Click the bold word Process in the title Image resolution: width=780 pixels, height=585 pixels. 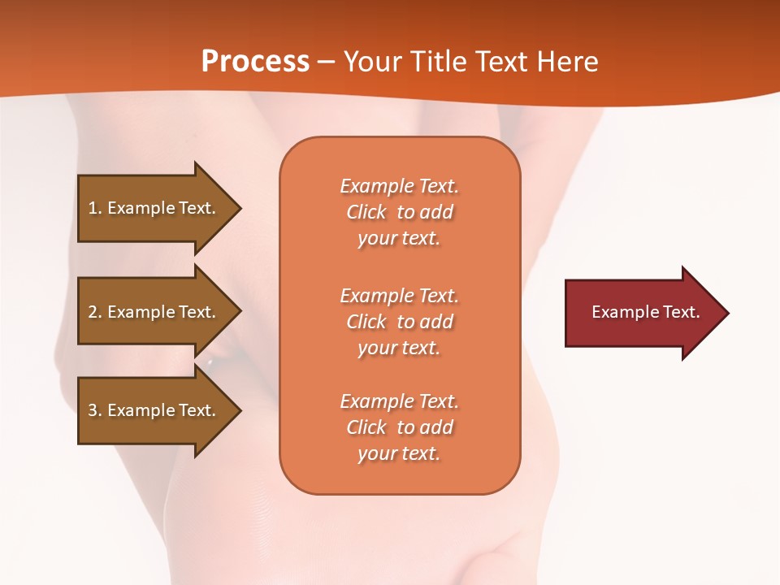click(x=255, y=62)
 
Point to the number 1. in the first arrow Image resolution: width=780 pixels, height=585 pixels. click(x=95, y=208)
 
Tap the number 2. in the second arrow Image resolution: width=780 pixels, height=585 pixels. click(x=95, y=312)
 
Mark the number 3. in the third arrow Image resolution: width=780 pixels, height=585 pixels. click(x=95, y=410)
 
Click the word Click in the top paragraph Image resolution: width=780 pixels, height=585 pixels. click(x=366, y=212)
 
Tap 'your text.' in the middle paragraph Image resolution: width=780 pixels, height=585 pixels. click(x=399, y=348)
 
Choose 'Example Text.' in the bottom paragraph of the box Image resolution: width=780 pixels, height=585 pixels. click(x=399, y=401)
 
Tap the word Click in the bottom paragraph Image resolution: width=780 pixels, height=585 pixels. click(x=366, y=427)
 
